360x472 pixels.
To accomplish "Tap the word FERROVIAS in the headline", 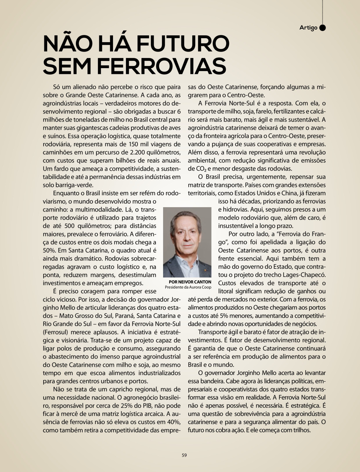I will pos(162,66).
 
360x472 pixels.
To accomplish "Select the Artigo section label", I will pos(308,27).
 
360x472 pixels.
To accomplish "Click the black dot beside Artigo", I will pos(323,27).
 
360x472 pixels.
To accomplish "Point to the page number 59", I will pos(184,455).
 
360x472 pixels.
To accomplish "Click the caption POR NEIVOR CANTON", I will pos(190,282).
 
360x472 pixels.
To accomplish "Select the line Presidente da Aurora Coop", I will pos(188,287).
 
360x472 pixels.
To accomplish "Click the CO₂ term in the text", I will pos(196,169).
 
